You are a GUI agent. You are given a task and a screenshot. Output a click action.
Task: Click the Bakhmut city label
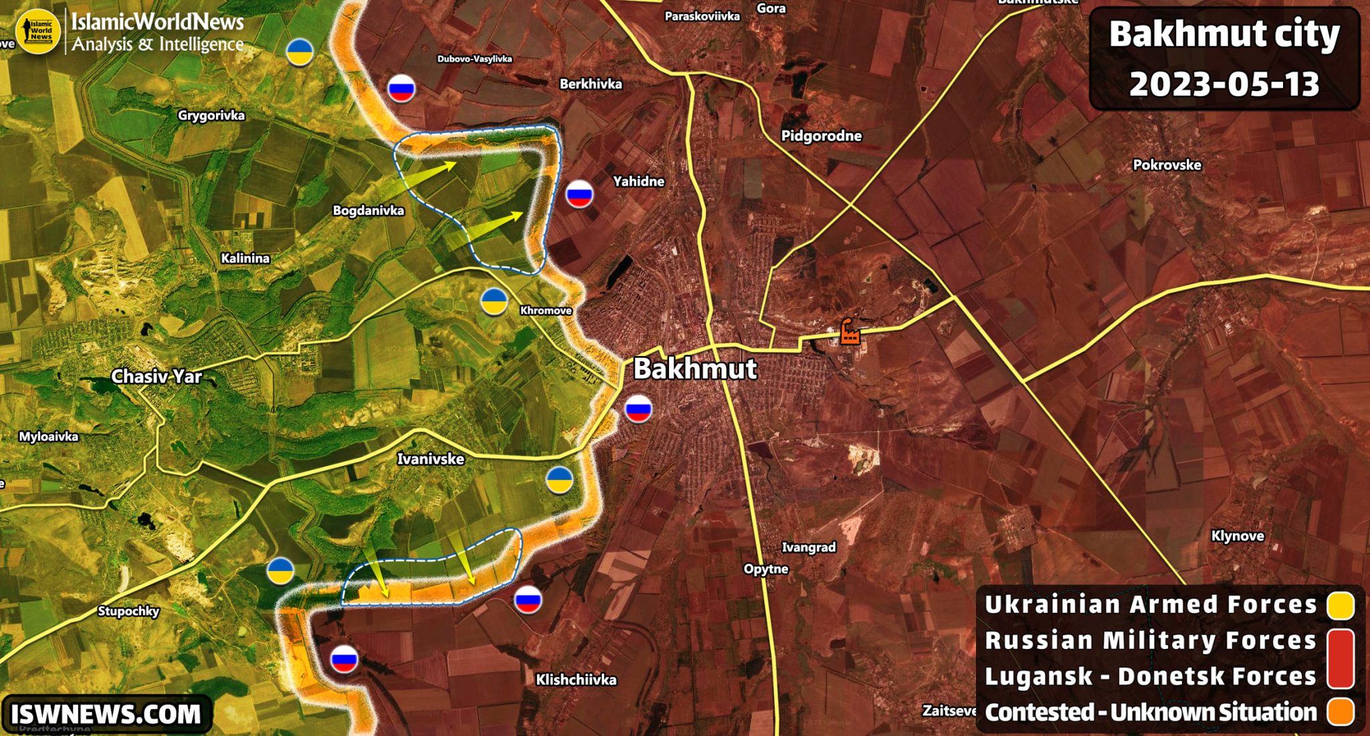(x=694, y=369)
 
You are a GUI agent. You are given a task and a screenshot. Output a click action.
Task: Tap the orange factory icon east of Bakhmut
(x=850, y=331)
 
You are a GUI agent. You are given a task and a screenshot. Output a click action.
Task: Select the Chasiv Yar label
(x=156, y=377)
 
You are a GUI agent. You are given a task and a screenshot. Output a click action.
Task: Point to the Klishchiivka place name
(x=576, y=680)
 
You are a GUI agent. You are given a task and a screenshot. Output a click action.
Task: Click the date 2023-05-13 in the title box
(x=1224, y=84)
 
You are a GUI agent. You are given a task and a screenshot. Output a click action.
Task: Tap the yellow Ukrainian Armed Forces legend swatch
(x=1341, y=605)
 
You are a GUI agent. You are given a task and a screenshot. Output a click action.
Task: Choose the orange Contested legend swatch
(x=1341, y=712)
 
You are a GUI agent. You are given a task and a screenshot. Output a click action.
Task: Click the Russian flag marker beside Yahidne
(x=579, y=194)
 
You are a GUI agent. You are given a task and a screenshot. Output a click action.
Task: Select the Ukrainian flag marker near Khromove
(x=494, y=302)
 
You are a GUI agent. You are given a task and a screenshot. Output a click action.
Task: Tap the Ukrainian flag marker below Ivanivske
(x=559, y=480)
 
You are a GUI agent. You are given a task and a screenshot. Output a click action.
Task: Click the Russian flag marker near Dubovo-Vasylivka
(x=401, y=88)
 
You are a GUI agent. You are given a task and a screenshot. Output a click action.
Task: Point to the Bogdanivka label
(x=369, y=211)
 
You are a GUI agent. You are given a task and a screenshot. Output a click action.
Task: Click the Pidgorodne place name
(x=821, y=136)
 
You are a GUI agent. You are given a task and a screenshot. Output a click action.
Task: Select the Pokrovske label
(x=1167, y=165)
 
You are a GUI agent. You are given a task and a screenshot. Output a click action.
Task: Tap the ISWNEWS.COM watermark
(x=106, y=714)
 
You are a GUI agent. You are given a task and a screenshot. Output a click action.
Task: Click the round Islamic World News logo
(x=38, y=31)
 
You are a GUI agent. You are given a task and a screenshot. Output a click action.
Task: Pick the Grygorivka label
(x=211, y=116)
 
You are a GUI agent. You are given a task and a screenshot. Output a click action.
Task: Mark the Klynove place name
(x=1238, y=536)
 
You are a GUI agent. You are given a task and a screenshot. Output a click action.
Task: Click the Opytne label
(x=766, y=569)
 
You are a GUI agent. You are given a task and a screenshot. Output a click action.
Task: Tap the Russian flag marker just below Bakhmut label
(x=638, y=409)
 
